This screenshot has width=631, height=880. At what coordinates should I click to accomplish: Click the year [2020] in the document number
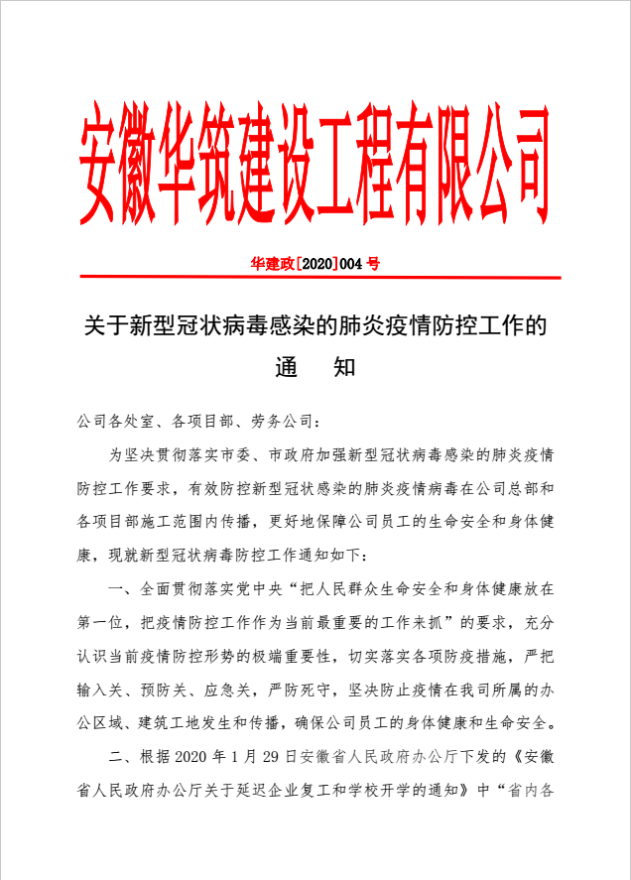point(317,264)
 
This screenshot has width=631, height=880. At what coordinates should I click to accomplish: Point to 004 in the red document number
point(352,264)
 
